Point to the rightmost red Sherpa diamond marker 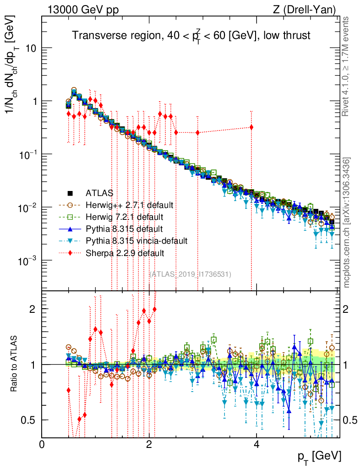[251, 127]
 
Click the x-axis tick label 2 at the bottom [149, 445]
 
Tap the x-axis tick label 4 [256, 445]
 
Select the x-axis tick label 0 [42, 445]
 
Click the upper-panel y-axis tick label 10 [31, 49]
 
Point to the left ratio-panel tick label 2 [32, 309]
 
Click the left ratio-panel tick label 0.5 [29, 420]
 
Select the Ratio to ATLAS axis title [15, 364]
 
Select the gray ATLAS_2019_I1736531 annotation [191, 274]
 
